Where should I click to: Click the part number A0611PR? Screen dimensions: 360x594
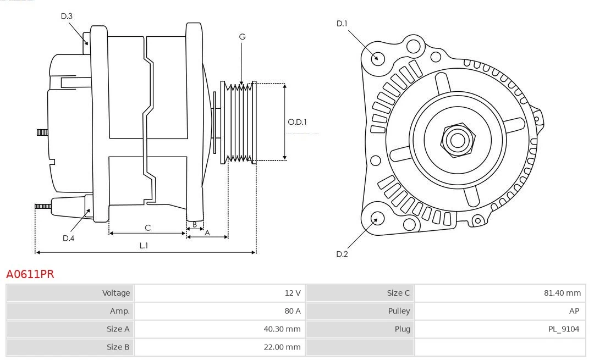[30, 274]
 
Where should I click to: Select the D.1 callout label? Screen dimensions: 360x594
[342, 24]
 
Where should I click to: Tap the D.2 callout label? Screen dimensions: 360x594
[342, 254]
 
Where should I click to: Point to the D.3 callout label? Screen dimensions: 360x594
[67, 16]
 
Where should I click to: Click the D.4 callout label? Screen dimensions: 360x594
[68, 238]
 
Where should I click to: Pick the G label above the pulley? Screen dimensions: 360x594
[242, 37]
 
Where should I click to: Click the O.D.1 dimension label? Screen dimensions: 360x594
[297, 122]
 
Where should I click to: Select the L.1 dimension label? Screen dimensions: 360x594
[143, 246]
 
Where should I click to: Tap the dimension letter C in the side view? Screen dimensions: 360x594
[147, 227]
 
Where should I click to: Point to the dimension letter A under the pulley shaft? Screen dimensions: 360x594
[207, 232]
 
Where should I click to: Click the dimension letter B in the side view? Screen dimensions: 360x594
[194, 224]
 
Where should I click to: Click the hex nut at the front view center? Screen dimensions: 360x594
[457, 140]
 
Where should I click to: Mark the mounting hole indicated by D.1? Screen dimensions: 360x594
[377, 58]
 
